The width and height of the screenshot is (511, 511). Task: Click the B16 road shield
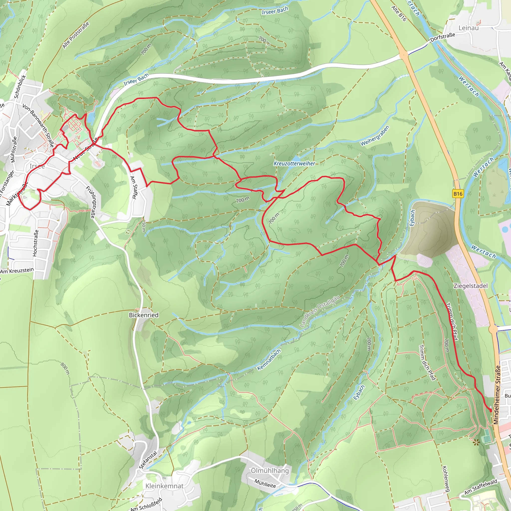(x=458, y=194)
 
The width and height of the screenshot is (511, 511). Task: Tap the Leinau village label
(x=468, y=28)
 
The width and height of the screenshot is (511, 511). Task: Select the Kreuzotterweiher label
(x=294, y=163)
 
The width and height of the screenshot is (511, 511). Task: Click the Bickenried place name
(x=144, y=315)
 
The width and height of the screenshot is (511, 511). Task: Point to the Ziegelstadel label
(x=471, y=286)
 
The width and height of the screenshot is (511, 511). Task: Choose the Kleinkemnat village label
(x=164, y=486)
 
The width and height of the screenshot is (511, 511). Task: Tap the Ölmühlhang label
(x=270, y=471)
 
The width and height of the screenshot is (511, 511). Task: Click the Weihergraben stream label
(x=375, y=136)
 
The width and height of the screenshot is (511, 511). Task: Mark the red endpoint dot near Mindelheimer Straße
(x=491, y=410)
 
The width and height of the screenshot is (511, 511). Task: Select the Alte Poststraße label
(x=76, y=35)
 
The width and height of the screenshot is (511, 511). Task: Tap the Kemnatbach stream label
(x=269, y=360)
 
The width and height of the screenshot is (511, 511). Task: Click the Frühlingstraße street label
(x=91, y=202)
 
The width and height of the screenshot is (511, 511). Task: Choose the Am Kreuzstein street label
(x=17, y=271)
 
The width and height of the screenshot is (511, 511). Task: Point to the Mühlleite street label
(x=265, y=484)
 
